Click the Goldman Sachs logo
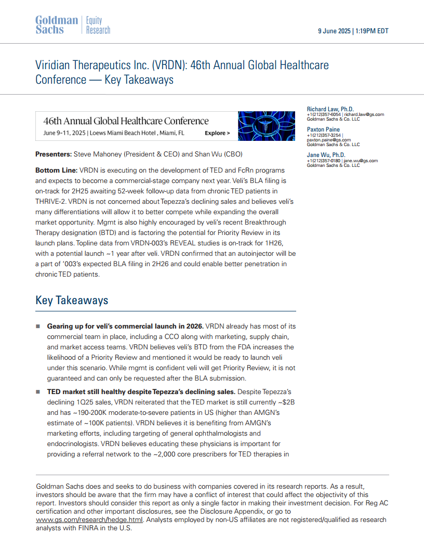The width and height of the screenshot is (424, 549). click(56, 25)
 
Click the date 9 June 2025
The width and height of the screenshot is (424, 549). click(334, 31)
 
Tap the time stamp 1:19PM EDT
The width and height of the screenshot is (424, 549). click(372, 31)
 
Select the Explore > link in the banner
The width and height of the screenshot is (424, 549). click(217, 133)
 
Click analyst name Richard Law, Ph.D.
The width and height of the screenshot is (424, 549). click(330, 109)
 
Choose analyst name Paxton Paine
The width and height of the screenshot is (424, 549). click(323, 129)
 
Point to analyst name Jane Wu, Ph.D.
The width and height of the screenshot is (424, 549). click(326, 155)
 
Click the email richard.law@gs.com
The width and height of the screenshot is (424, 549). click(364, 114)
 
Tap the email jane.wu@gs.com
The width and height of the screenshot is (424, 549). click(361, 161)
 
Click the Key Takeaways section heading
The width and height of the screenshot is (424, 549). click(72, 300)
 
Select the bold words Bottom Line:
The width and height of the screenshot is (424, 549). click(56, 171)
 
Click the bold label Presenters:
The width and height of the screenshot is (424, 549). click(53, 154)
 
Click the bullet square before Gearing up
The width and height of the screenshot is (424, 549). click(38, 326)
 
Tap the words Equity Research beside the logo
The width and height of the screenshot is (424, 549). click(98, 25)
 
